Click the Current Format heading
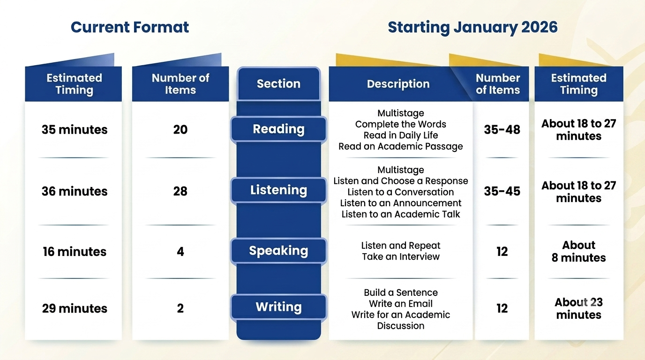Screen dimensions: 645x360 [x=129, y=27]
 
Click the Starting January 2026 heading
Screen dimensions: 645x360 [x=472, y=28]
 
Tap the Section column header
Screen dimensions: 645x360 [x=278, y=84]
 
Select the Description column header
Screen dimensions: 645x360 [x=398, y=84]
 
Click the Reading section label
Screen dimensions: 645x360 [x=278, y=129]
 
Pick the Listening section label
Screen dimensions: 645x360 [x=278, y=190]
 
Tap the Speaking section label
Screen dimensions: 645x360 [x=278, y=251]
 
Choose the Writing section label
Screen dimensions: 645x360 [x=278, y=307]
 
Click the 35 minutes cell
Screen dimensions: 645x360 [x=74, y=129]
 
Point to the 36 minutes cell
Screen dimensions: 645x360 [x=74, y=191]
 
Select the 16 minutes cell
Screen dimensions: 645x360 [x=74, y=252]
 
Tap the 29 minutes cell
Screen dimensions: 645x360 [x=74, y=308]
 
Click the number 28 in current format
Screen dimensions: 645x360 [x=180, y=191]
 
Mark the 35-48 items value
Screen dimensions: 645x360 [x=502, y=129]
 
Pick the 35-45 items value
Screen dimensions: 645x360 [x=502, y=191]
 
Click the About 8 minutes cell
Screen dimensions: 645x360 [x=578, y=251]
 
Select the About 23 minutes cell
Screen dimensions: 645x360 [x=578, y=308]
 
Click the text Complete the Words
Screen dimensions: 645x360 [x=400, y=124]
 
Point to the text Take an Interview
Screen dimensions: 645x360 [x=400, y=256]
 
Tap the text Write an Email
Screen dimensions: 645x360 [x=400, y=304]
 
